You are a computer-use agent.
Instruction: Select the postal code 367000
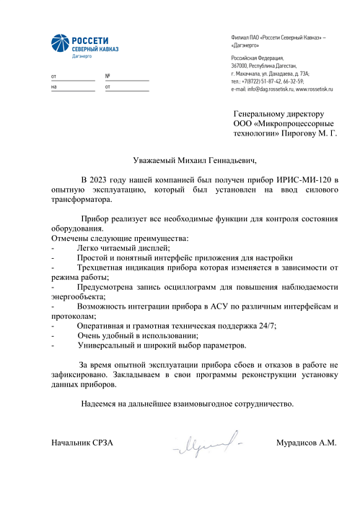(x=242, y=65)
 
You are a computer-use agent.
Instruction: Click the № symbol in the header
(x=107, y=76)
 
